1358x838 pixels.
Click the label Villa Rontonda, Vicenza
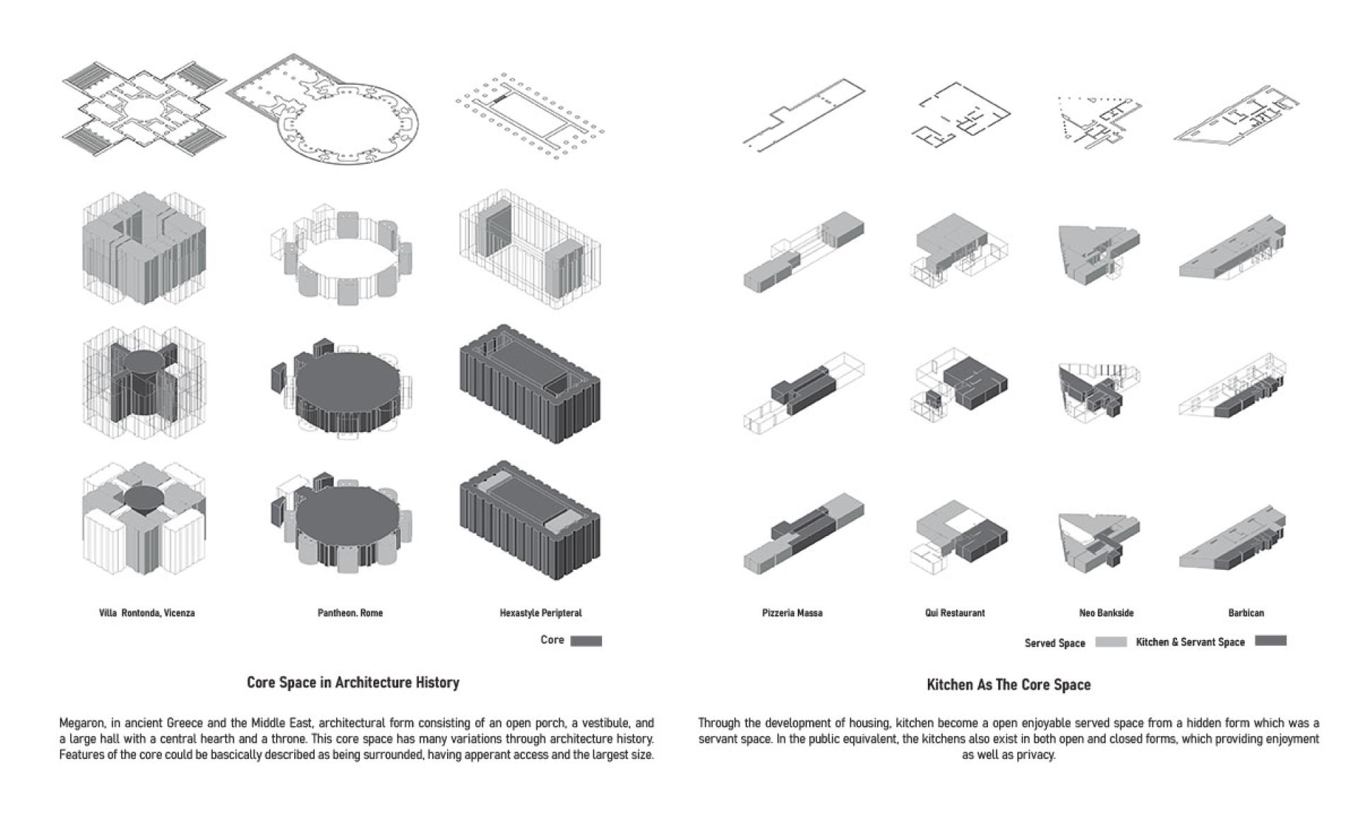(x=146, y=613)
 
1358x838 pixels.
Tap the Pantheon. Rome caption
(x=350, y=613)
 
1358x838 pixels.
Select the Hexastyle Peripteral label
(x=540, y=613)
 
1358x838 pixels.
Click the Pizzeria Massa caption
(x=792, y=613)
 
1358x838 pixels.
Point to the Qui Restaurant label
(x=955, y=613)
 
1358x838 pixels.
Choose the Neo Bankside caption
(x=1106, y=613)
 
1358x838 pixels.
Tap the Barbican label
(x=1246, y=613)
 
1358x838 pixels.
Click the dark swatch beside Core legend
(x=586, y=641)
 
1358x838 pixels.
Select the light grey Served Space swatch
(x=1110, y=642)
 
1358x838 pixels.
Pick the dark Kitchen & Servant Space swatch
(x=1270, y=641)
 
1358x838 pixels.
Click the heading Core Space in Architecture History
(x=353, y=683)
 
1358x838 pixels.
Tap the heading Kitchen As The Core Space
(x=1009, y=685)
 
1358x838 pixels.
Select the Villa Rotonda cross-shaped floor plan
(x=144, y=109)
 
